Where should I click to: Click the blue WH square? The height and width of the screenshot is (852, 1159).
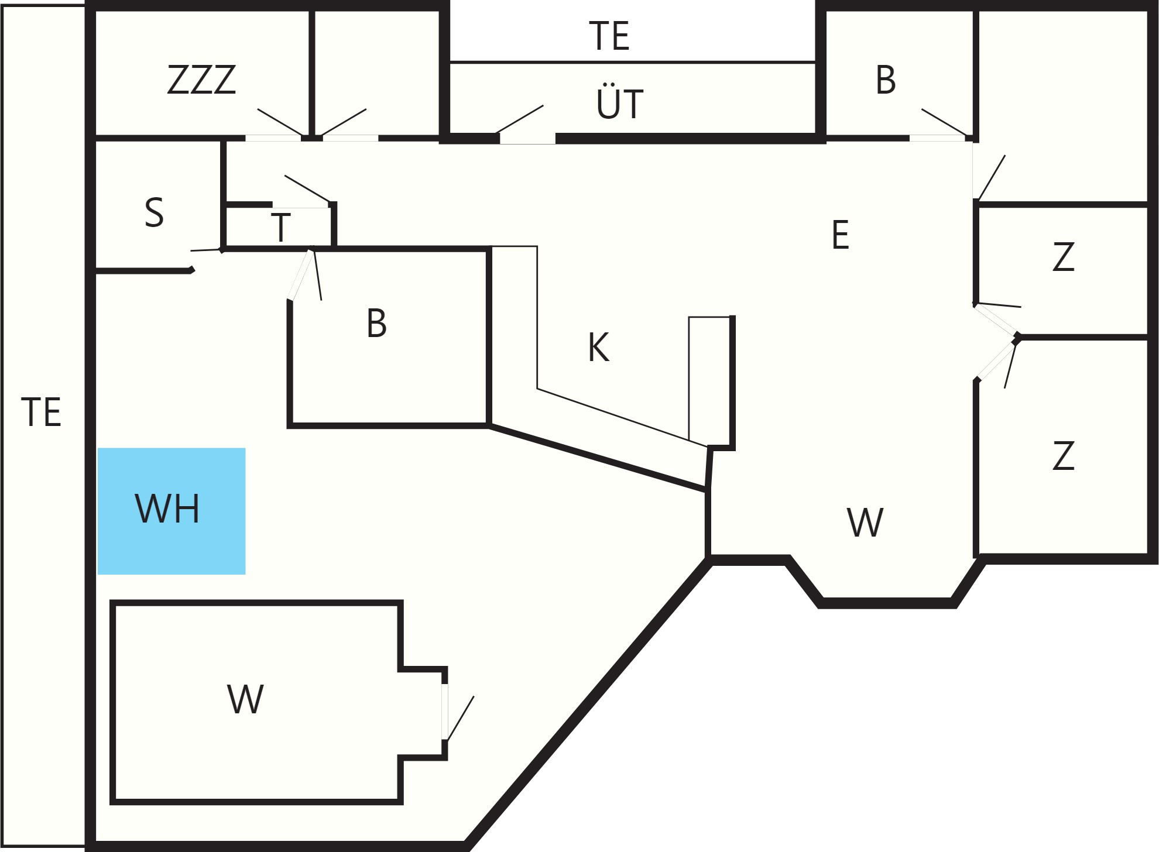tap(172, 511)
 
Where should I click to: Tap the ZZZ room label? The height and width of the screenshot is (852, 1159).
tap(201, 80)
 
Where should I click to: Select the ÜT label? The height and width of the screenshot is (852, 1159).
tap(620, 103)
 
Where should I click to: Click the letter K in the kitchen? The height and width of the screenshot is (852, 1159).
tap(598, 348)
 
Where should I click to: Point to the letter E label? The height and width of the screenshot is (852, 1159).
tap(840, 235)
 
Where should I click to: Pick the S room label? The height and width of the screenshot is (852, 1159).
tap(154, 212)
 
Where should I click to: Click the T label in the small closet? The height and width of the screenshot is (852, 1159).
tap(281, 227)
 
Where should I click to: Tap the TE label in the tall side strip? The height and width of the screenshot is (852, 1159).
tap(41, 412)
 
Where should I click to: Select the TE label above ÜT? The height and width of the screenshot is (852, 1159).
tap(609, 36)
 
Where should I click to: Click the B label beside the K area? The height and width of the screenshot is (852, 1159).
tap(376, 323)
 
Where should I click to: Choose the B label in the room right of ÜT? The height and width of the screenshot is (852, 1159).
tap(886, 80)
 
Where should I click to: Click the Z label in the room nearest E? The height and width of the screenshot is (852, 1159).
tap(1063, 257)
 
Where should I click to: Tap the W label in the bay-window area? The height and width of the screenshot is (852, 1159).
tap(865, 523)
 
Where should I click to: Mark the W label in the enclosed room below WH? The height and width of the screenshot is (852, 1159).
tap(245, 699)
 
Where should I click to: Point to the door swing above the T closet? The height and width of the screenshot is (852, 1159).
tap(308, 188)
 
